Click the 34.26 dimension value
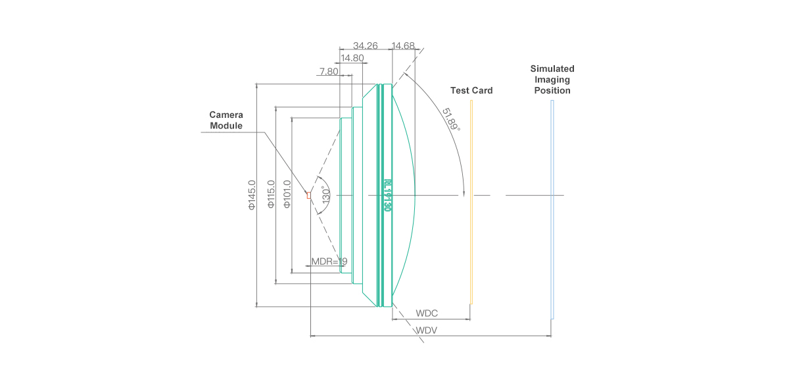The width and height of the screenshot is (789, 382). [365, 46]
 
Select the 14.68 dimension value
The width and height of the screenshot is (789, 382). [403, 46]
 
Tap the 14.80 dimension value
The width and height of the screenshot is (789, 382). [352, 58]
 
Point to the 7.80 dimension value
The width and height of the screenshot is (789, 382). [329, 71]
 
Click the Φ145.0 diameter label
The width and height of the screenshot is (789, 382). [251, 195]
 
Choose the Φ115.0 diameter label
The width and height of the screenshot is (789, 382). [270, 195]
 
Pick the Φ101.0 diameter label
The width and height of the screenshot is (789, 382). [287, 195]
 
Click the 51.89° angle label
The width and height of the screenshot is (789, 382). [450, 119]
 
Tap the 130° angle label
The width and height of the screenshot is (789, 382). [325, 195]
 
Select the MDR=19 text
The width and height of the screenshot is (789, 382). [329, 261]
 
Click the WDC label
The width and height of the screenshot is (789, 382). [427, 314]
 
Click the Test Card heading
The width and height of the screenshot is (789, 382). [471, 90]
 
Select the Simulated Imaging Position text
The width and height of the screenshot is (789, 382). [552, 79]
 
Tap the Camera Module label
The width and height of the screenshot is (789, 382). [226, 120]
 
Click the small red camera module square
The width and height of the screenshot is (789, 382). [308, 194]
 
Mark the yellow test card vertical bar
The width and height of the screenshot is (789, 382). [471, 202]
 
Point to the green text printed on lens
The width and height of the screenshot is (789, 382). [387, 195]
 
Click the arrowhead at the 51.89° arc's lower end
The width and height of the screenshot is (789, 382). [464, 193]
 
